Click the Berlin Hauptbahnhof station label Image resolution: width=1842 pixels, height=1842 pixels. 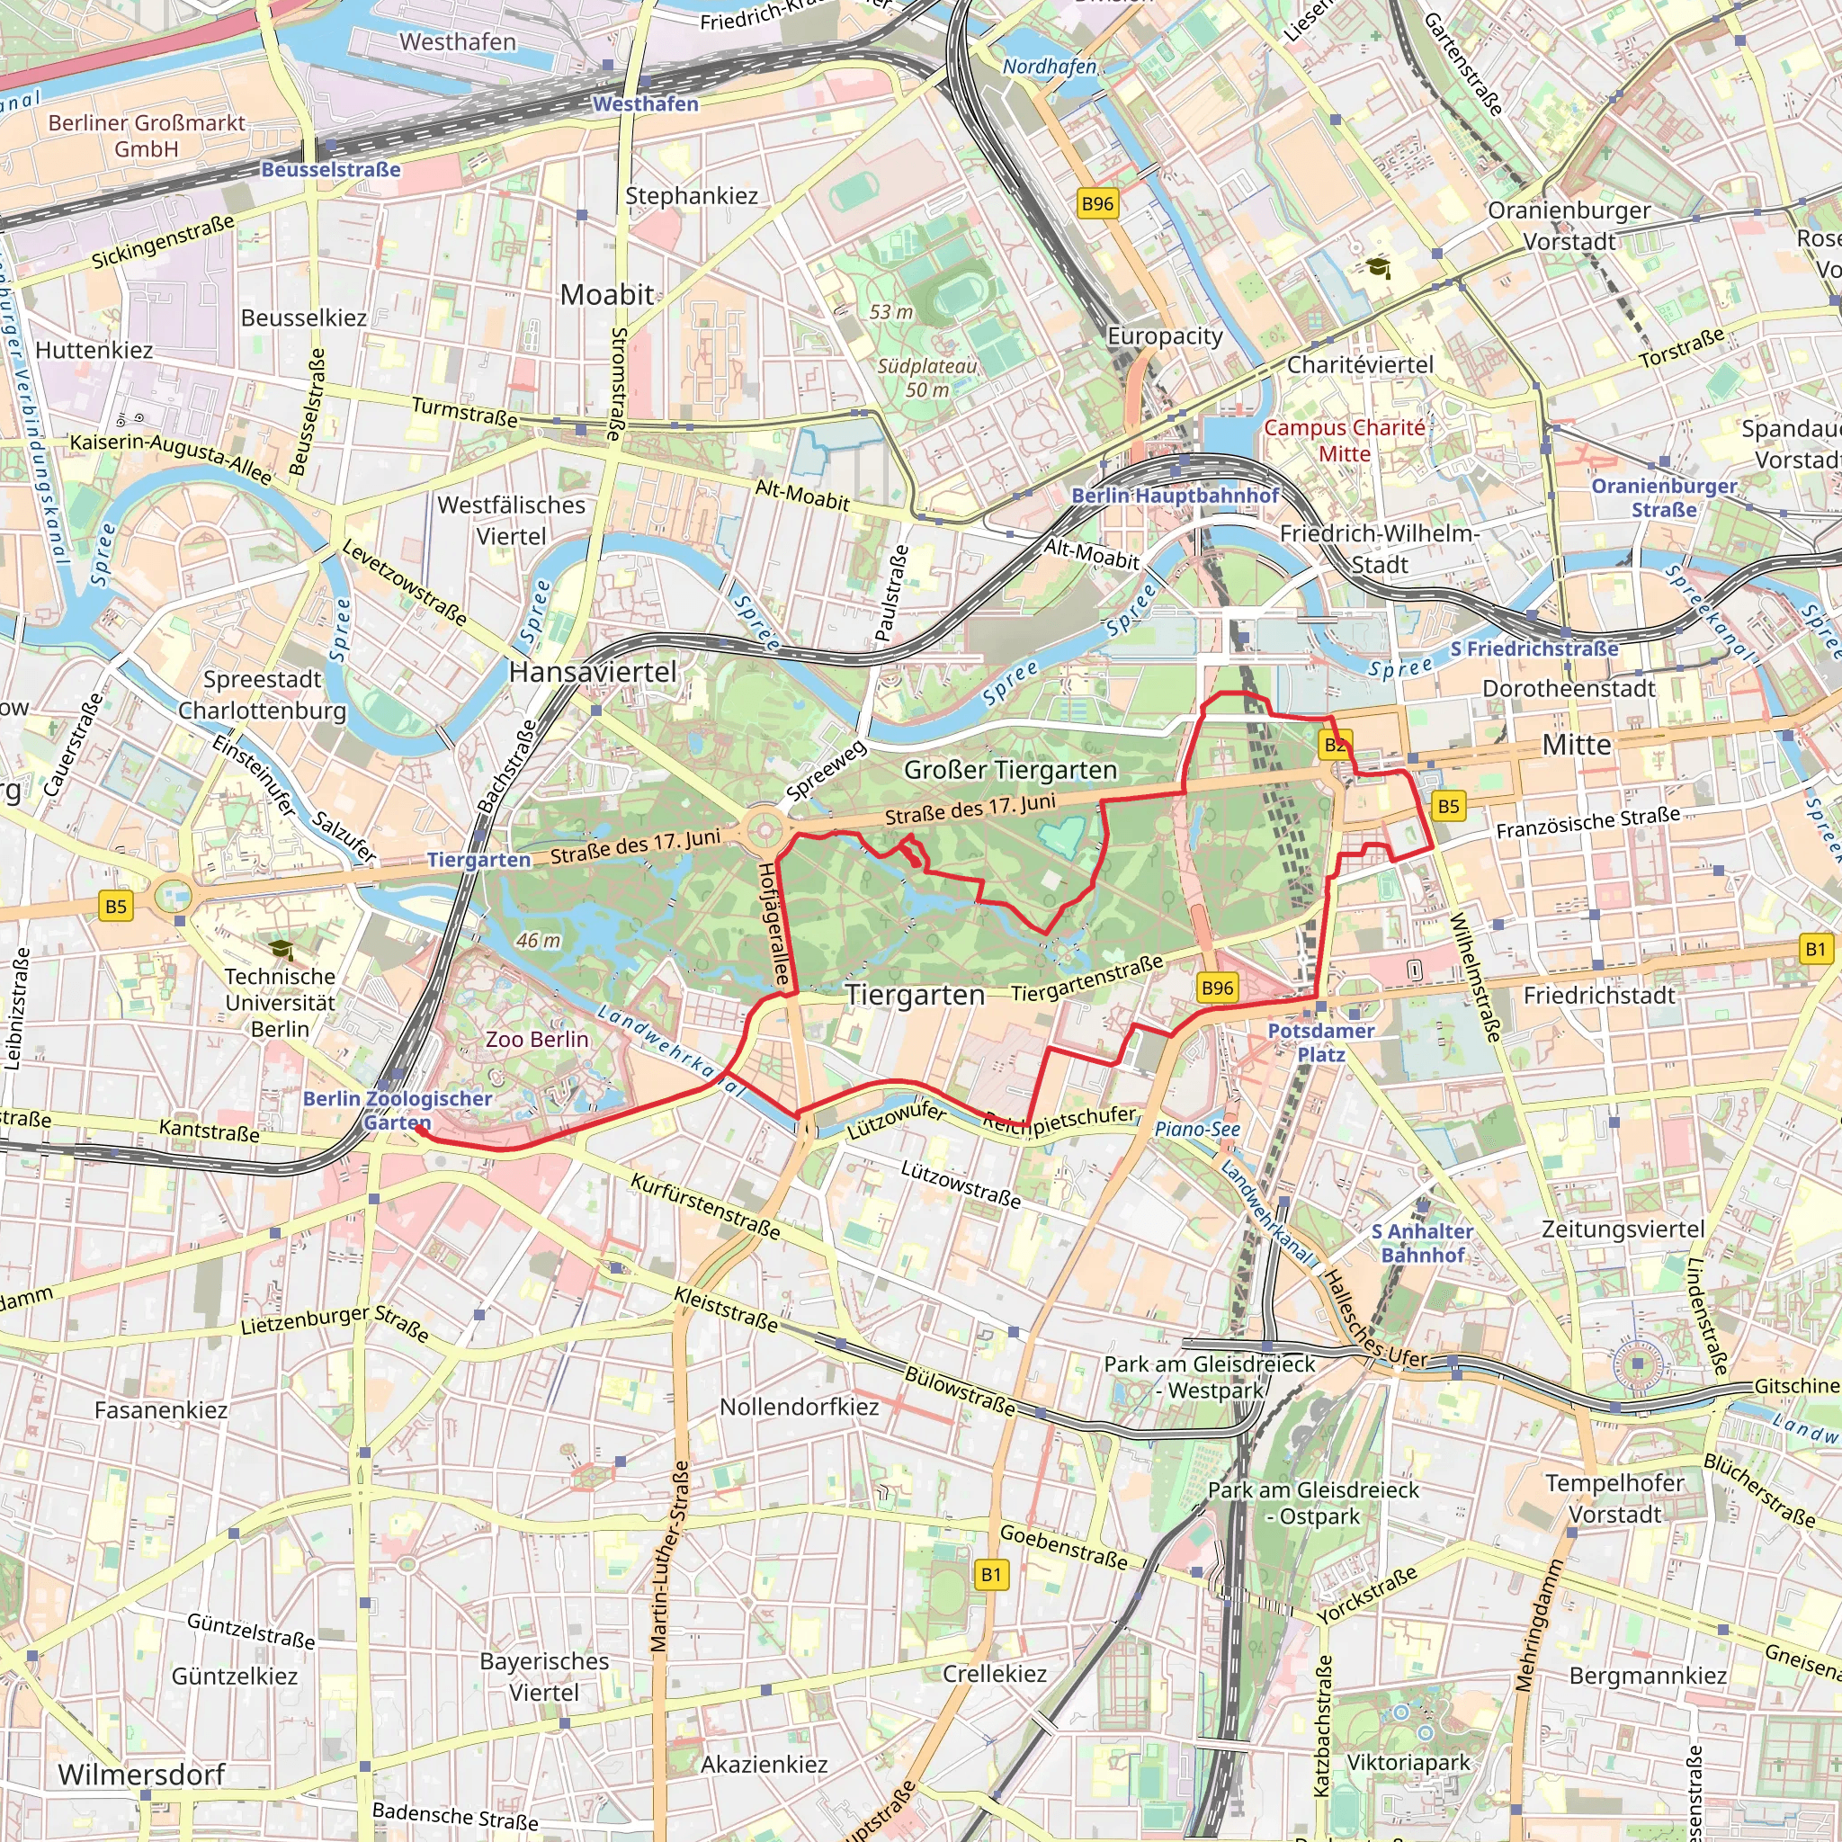point(1175,496)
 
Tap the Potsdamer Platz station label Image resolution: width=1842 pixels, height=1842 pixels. point(1320,1042)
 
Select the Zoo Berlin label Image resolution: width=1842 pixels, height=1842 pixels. point(537,1039)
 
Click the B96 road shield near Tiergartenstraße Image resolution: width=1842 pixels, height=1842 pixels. point(1217,988)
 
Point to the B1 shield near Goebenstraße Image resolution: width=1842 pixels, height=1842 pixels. point(990,1574)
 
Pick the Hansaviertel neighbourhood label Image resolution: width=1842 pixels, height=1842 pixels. point(592,672)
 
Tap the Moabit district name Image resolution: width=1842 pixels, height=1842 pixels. point(607,295)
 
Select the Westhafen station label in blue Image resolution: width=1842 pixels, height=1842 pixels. point(646,104)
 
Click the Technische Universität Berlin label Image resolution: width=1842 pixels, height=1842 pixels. point(281,1002)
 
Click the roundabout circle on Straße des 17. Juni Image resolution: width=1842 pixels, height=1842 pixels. point(764,830)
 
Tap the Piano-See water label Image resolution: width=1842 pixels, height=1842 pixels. point(1196,1129)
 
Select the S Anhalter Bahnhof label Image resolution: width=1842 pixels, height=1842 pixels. point(1423,1243)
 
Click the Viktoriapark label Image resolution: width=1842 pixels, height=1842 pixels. point(1408,1762)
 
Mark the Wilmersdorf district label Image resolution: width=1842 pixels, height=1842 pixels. point(141,1775)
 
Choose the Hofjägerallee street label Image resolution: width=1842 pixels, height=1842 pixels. point(773,924)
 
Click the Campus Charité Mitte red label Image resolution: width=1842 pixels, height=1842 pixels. point(1345,441)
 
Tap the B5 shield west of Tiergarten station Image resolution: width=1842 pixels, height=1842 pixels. point(115,906)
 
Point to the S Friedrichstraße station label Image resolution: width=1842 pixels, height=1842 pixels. point(1534,649)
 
